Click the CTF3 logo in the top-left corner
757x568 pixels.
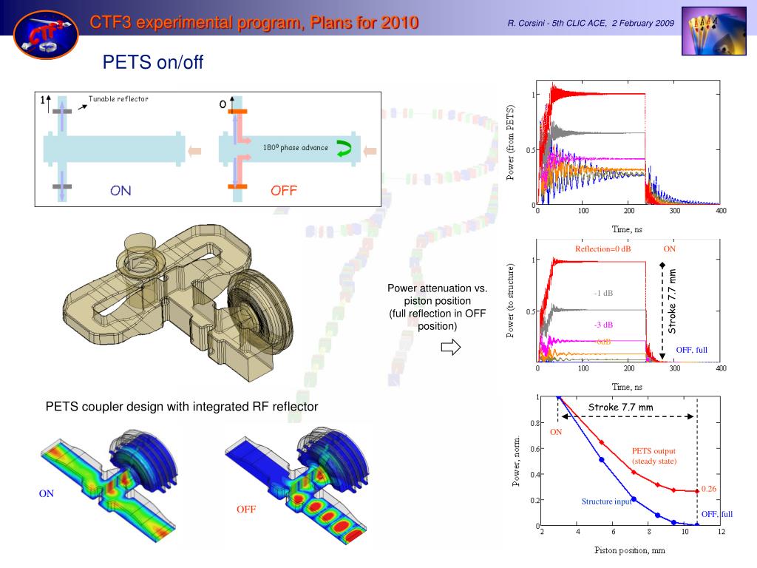point(47,35)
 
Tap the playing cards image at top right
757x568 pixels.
point(713,31)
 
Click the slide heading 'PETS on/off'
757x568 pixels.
point(152,62)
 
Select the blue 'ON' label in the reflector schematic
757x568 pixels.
point(120,190)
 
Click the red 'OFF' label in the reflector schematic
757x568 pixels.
point(284,190)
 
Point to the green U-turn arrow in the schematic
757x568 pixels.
point(344,148)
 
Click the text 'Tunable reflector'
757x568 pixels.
point(118,98)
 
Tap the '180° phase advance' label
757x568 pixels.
point(296,147)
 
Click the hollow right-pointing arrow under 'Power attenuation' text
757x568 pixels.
point(451,347)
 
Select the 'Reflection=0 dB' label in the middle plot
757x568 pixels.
point(602,248)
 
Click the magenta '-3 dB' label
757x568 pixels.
point(603,325)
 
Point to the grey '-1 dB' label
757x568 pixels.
point(603,293)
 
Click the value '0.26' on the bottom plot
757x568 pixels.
point(709,489)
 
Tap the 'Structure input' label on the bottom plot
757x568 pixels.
point(606,501)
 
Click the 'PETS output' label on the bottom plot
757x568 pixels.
point(654,450)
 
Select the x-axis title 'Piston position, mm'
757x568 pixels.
point(630,550)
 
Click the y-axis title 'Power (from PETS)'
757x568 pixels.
point(510,143)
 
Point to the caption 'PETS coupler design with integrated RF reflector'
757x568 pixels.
point(182,407)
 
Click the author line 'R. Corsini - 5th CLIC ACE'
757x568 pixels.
point(557,23)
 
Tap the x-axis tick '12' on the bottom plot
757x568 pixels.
point(721,532)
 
